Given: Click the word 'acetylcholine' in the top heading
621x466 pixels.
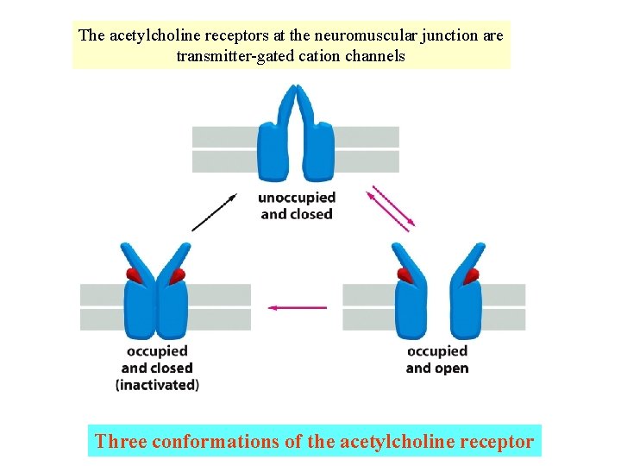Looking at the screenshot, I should (151, 35).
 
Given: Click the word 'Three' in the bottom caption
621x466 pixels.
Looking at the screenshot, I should (121, 442).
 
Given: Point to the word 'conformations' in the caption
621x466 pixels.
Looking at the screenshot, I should (213, 442).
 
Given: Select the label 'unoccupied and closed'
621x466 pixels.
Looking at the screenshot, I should (297, 206).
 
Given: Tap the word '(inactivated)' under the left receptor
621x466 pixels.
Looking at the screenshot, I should (157, 385).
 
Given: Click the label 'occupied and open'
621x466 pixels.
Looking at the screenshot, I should (436, 360).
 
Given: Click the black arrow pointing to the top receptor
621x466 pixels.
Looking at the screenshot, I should (214, 212).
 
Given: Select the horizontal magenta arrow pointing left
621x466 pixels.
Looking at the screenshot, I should (298, 306).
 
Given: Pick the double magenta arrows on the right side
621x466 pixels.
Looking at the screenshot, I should (391, 208).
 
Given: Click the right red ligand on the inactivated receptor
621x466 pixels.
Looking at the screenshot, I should (177, 275).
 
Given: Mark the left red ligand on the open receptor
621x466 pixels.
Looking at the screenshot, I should (404, 275).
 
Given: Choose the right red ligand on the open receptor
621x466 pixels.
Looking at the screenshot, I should (471, 275).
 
